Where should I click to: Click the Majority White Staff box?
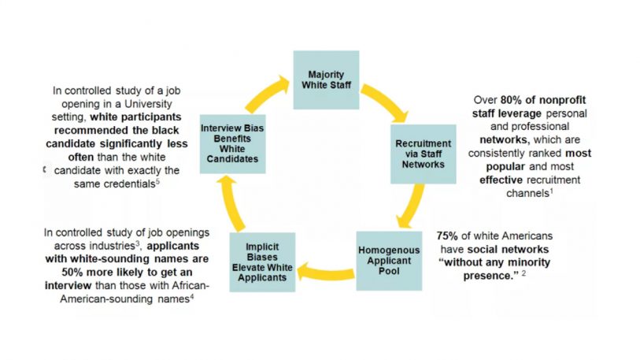[326, 80]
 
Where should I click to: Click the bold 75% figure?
[449, 236]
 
